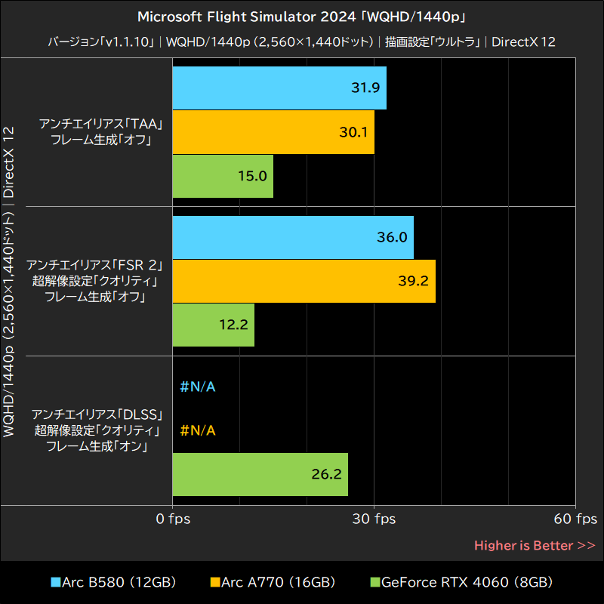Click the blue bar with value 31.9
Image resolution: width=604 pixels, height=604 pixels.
coord(279,88)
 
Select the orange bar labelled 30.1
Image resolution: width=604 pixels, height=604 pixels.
coord(273,132)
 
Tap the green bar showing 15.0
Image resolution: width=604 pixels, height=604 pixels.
coord(223,177)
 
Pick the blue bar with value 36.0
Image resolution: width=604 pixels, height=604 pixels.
coord(293,237)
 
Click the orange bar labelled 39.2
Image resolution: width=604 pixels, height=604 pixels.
coord(304,281)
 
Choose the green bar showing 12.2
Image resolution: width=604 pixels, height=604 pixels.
coord(214,325)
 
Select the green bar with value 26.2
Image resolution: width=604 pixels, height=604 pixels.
coord(260,474)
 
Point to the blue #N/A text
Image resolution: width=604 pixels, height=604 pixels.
coord(199,387)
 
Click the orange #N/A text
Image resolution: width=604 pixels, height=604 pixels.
coord(199,430)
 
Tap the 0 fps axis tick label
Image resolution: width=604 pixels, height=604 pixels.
coord(174,519)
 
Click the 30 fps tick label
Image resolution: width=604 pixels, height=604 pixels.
coord(375,519)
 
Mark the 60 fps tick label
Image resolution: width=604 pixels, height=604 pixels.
coord(575,519)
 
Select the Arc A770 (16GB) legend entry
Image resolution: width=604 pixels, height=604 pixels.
coord(273,582)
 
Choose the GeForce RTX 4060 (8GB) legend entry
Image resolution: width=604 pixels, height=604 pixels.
coord(461,582)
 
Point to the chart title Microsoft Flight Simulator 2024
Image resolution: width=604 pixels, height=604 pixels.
coord(301,17)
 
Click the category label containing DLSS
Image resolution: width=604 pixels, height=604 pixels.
coord(97,430)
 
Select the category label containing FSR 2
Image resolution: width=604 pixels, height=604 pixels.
coord(95,281)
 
